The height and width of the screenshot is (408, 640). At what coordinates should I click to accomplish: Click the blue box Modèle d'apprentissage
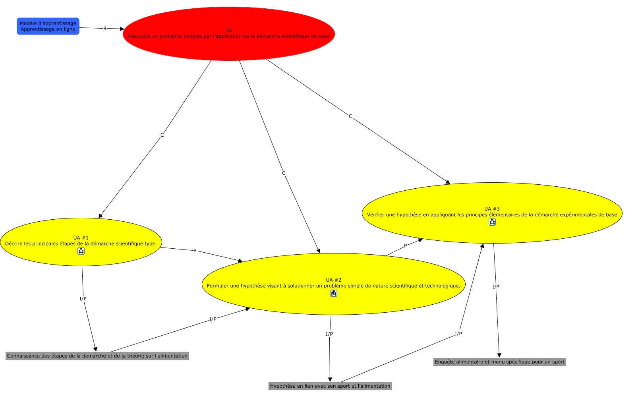pos(48,26)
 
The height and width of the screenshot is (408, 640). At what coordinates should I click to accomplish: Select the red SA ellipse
pos(228,34)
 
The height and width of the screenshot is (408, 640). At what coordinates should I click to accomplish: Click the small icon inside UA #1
pos(81,251)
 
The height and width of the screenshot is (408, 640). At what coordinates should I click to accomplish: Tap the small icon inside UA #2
pos(334,293)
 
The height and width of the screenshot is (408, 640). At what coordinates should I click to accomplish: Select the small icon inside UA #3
pos(492,222)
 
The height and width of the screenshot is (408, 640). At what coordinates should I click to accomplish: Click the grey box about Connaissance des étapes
pos(97,356)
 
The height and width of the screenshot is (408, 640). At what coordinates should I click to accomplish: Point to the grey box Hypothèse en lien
pos(330,386)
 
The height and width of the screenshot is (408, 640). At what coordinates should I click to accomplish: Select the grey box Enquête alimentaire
pos(499,362)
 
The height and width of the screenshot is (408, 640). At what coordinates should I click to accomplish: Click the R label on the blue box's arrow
pos(105,29)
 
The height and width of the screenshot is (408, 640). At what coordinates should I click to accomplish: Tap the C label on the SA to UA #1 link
pos(162,135)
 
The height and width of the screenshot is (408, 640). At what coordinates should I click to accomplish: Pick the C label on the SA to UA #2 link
pos(284,173)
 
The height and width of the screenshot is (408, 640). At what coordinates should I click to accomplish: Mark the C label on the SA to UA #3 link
pos(350,116)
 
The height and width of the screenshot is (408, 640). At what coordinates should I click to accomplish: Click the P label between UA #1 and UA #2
pos(195,251)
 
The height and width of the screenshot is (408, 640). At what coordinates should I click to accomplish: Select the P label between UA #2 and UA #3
pos(405,246)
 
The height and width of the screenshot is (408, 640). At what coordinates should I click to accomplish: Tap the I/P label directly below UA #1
pos(83,299)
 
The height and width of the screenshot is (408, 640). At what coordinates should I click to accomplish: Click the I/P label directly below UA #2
pos(329,334)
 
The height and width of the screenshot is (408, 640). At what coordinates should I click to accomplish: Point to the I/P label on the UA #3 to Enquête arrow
pos(496,287)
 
